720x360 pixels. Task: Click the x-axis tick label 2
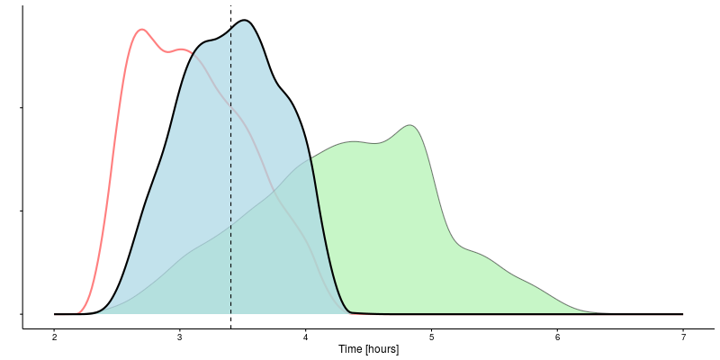[54, 337]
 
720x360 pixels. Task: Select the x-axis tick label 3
[180, 337]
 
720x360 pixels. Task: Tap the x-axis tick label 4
[306, 337]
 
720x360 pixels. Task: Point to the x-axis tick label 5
[431, 337]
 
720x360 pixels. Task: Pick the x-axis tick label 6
[557, 337]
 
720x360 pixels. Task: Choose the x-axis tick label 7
[683, 337]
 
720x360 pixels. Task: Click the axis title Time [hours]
[368, 349]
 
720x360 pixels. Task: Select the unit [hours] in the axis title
[380, 349]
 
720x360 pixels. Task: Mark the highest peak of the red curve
[141, 30]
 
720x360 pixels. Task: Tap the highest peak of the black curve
[244, 20]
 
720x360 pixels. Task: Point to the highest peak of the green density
[410, 125]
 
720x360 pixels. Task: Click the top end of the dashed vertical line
[230, 6]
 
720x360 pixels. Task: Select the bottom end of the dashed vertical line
[230, 328]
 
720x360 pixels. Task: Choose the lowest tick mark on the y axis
[21, 314]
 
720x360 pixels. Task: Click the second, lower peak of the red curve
[182, 49]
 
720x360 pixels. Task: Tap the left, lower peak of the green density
[354, 141]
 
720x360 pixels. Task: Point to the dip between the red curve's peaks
[166, 51]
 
